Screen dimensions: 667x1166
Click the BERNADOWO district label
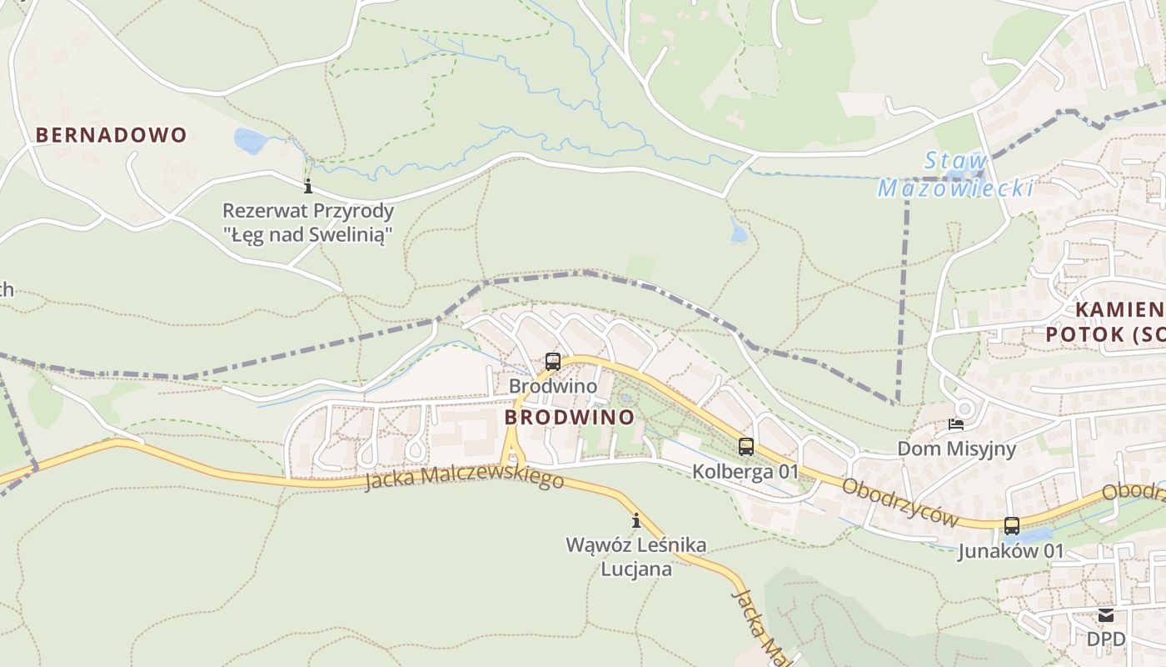click(x=111, y=135)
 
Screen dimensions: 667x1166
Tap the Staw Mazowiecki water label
click(x=956, y=175)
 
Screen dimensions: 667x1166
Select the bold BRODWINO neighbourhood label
click(x=569, y=417)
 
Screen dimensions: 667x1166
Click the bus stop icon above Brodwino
click(x=552, y=362)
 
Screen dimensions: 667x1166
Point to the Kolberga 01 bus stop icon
click(x=746, y=447)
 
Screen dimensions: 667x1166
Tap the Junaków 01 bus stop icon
click(x=1012, y=526)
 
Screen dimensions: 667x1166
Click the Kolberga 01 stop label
click(x=745, y=472)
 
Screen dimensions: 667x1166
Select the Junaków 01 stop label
click(x=1010, y=551)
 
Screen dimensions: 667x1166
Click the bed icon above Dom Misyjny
click(x=956, y=424)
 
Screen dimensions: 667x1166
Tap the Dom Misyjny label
click(x=956, y=449)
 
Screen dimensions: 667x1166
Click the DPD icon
click(x=1105, y=615)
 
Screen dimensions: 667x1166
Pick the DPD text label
click(x=1105, y=639)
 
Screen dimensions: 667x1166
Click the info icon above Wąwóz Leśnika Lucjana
click(x=637, y=521)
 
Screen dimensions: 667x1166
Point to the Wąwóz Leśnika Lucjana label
click(x=636, y=557)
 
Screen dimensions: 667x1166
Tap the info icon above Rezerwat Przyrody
click(x=308, y=185)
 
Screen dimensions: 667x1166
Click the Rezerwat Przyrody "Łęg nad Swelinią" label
click(x=307, y=223)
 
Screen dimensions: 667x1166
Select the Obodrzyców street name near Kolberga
click(x=900, y=502)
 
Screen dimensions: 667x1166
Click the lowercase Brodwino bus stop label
click(x=552, y=387)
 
